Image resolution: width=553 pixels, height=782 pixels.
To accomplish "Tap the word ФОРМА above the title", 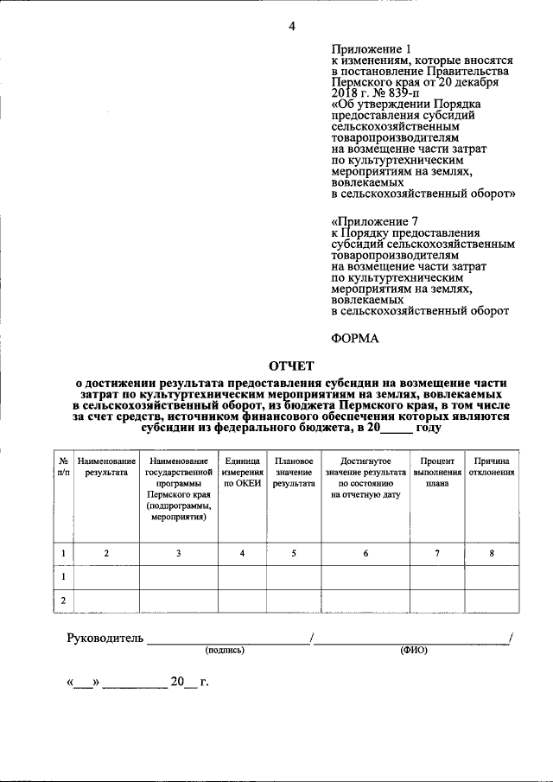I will [355, 338].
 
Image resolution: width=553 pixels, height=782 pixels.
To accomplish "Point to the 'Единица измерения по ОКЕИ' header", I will [242, 473].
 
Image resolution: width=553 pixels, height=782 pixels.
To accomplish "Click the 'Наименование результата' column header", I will [106, 467].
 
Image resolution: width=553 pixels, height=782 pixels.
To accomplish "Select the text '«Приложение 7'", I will [369, 221].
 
